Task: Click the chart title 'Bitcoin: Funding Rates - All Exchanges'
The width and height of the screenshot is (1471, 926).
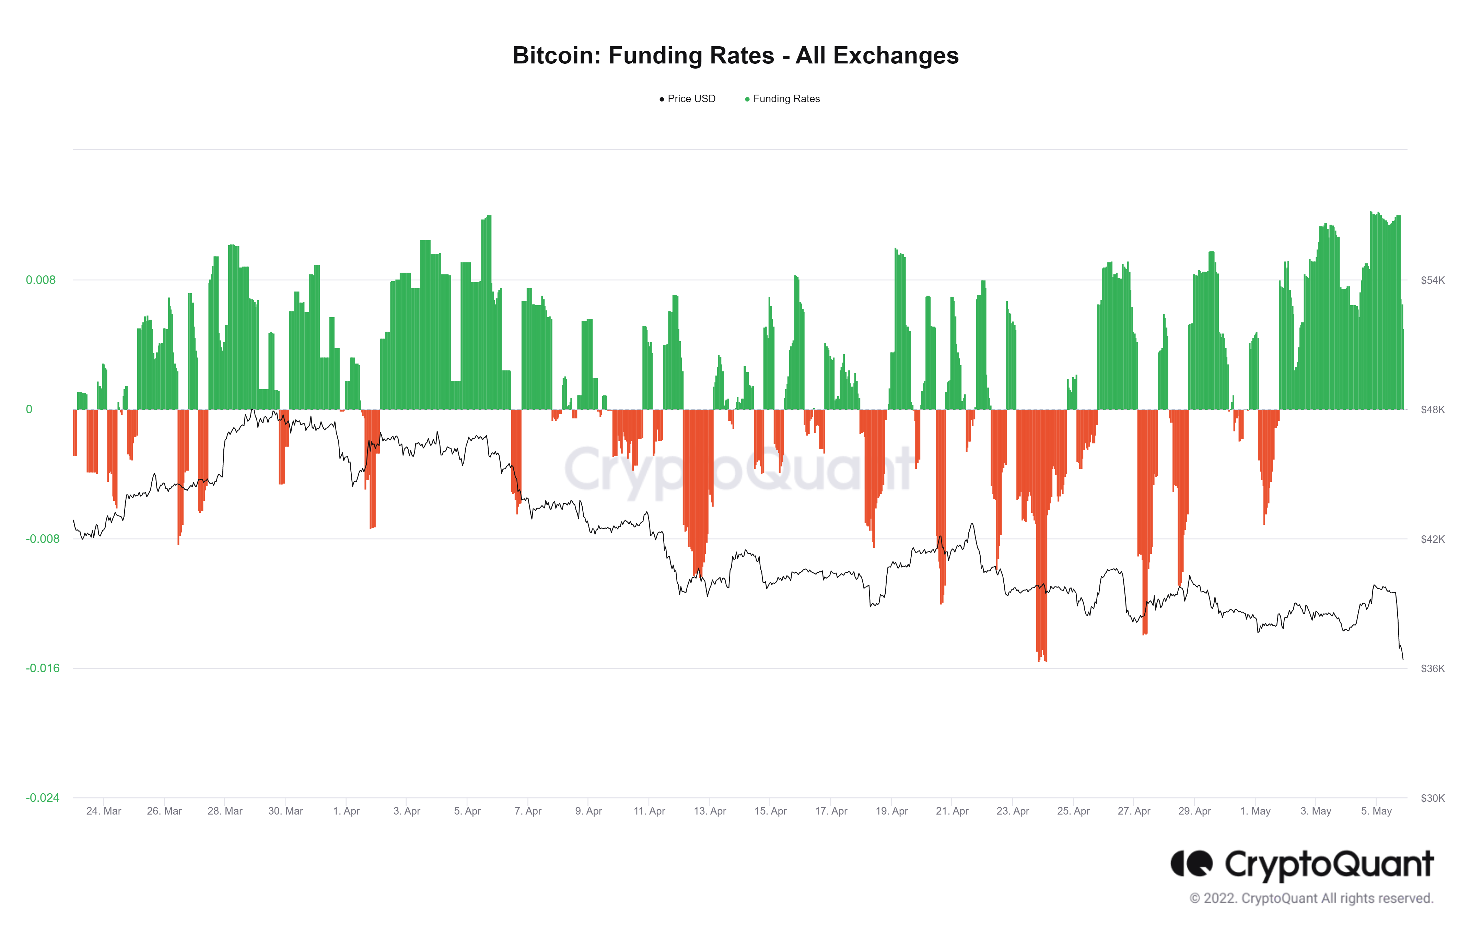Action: pos(735,56)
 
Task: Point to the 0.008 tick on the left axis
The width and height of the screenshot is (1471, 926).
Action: pos(40,280)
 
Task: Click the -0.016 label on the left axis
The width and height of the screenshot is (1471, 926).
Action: pos(42,668)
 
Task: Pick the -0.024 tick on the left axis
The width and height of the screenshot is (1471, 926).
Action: pos(42,798)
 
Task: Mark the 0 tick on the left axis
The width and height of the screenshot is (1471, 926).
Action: pos(29,409)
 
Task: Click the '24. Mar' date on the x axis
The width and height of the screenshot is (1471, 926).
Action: pos(104,811)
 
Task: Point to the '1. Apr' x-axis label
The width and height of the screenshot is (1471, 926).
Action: pos(346,811)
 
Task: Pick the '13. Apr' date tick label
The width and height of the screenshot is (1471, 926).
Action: pos(710,811)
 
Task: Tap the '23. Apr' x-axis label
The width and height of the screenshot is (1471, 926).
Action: pos(1013,811)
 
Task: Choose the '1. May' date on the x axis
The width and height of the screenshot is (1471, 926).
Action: pos(1256,811)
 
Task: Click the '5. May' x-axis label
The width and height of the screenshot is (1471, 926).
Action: pos(1376,811)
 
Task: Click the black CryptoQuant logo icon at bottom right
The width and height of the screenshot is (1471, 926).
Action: pos(1191,864)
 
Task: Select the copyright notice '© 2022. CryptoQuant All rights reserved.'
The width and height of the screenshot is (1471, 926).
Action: pos(1311,899)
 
